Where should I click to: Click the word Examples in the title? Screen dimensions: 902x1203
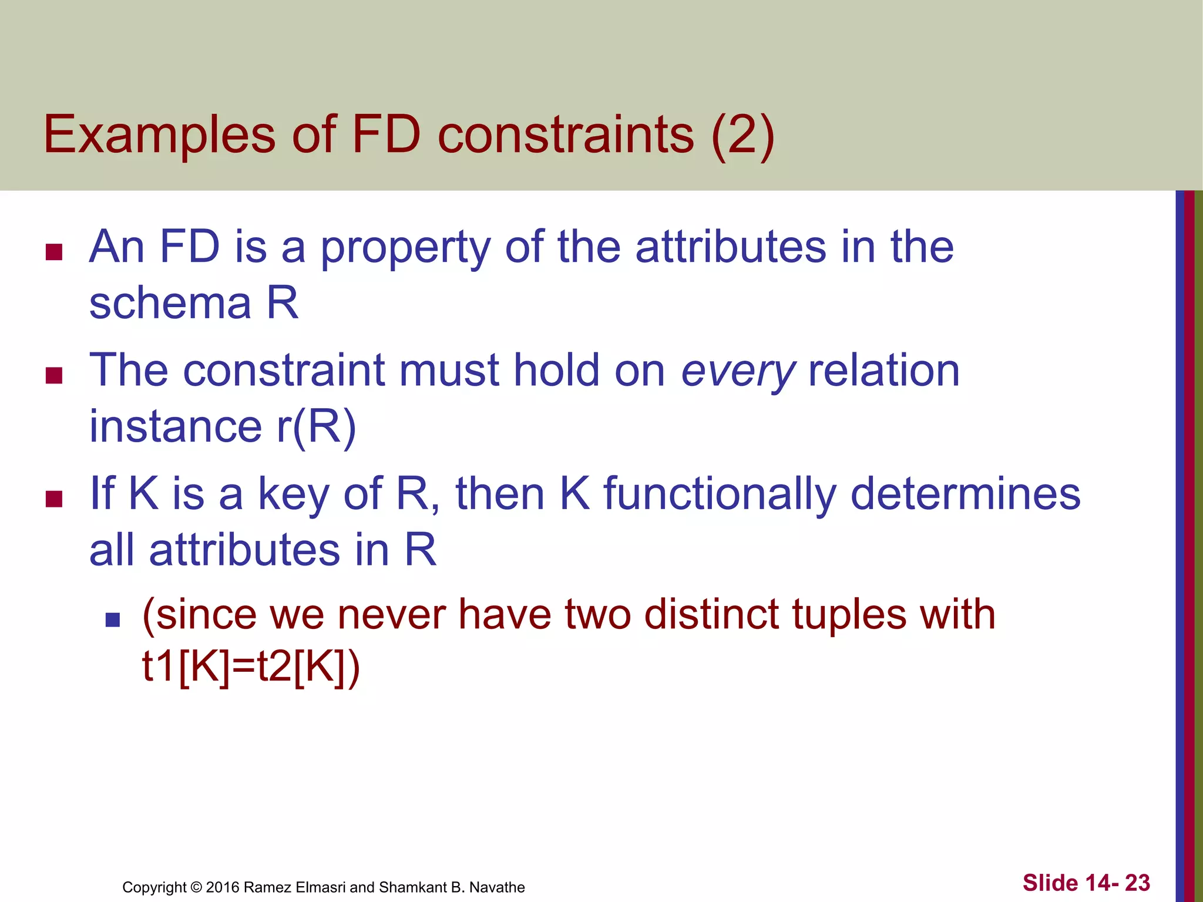[159, 135]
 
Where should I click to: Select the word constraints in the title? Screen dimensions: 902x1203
[566, 135]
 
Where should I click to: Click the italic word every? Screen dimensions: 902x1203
[738, 372]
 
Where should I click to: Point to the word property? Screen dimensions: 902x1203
[405, 248]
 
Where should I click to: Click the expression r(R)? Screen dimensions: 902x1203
[316, 427]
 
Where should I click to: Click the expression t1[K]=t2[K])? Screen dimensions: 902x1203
[251, 668]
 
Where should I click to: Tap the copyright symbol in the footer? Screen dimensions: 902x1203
[196, 887]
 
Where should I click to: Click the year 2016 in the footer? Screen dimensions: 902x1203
[222, 887]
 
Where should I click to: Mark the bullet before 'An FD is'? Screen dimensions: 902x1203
[54, 253]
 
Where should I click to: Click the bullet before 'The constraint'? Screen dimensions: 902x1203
[54, 375]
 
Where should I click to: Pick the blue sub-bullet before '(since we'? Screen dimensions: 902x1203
[112, 620]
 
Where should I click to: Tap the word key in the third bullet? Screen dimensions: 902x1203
[294, 494]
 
